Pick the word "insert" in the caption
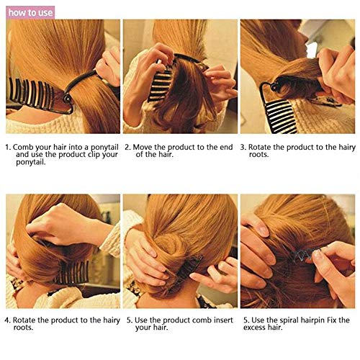[x=218, y=319]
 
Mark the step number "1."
[x=8, y=147]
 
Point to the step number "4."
[x=8, y=319]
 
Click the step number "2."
[x=127, y=147]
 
